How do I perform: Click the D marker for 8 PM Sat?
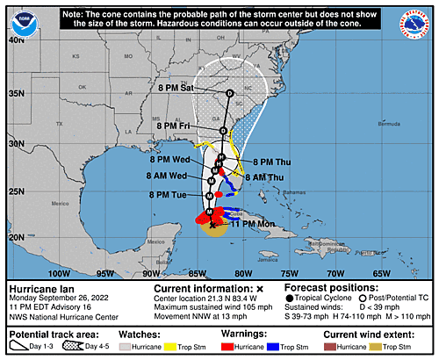point(229,93)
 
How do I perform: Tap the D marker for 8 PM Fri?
point(223,131)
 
